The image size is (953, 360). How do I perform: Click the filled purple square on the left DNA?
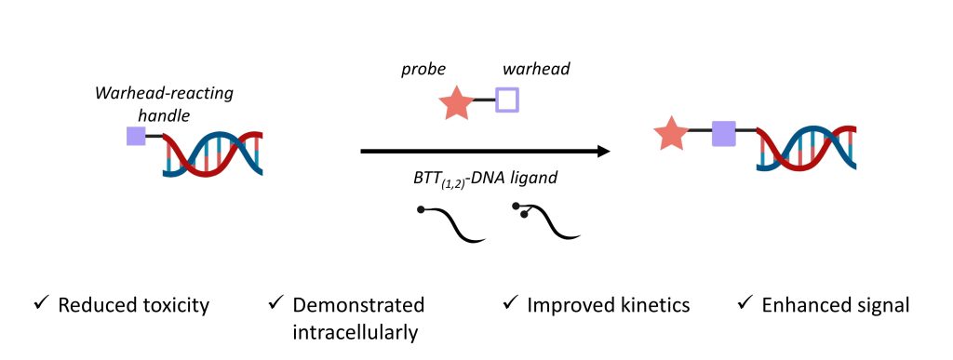coord(136,138)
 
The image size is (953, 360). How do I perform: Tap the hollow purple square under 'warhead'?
coord(507,100)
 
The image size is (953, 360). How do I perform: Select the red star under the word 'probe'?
coord(455,101)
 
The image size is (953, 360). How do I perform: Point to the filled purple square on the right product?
coord(724,134)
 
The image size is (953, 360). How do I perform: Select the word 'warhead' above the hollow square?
coord(530,69)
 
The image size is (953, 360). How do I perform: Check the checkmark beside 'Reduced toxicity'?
coord(39,304)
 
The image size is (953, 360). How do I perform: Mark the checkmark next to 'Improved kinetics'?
coord(510,304)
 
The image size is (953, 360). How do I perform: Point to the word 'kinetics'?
coord(653,305)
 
